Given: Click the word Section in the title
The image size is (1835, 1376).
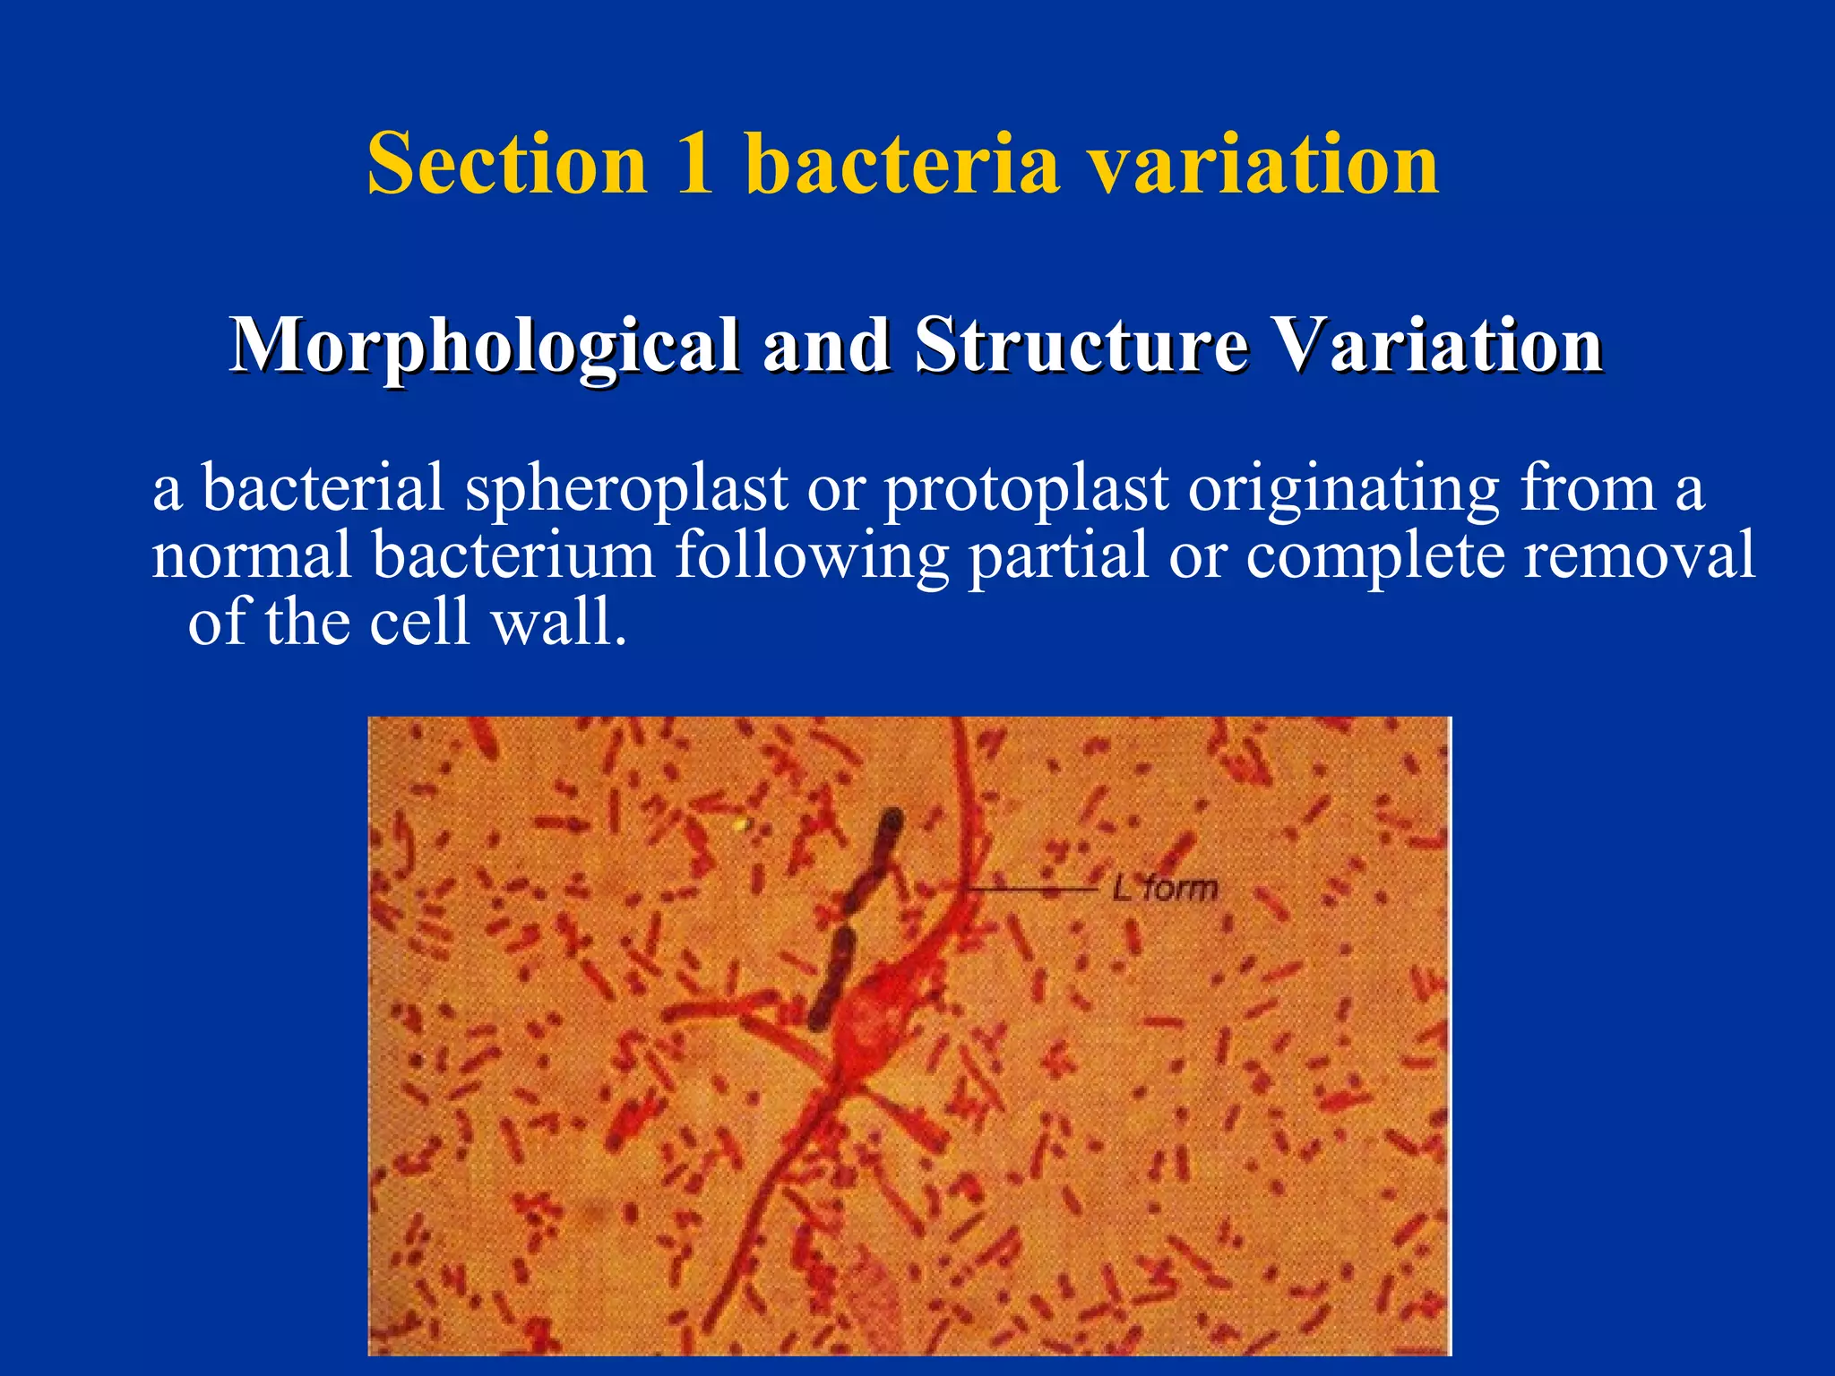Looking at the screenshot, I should [x=507, y=163].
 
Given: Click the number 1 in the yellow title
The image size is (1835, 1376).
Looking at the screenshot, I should [x=695, y=163].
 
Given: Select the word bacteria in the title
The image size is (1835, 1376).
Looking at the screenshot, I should [x=901, y=163].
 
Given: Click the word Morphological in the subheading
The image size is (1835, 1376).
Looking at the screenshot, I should [x=484, y=346].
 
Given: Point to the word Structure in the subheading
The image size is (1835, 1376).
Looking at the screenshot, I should [x=1081, y=346].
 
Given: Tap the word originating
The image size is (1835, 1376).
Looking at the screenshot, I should [x=1344, y=488].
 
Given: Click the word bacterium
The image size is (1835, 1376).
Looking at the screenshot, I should [x=514, y=555].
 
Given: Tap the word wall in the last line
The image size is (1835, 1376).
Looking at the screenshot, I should [x=559, y=622].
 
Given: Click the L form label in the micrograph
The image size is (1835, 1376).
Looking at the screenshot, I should [x=1165, y=889].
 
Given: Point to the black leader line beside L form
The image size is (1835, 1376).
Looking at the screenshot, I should [x=1030, y=889].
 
